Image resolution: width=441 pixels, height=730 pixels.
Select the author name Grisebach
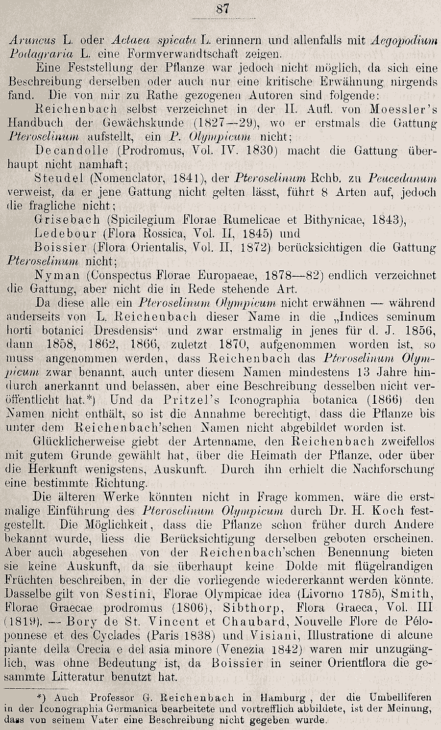coord(67,219)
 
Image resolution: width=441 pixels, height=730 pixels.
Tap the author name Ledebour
coord(66,233)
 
